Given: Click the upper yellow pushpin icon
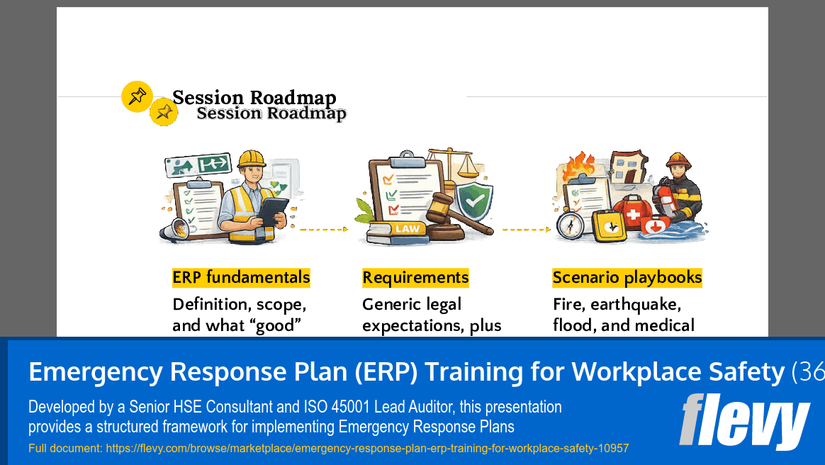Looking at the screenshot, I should coord(137,96).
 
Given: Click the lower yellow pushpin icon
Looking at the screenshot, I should coord(164,112).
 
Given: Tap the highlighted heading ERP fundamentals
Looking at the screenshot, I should coord(241,277).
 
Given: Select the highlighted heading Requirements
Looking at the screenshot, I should coord(415,277).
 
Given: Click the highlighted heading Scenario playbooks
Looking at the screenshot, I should coord(627,277).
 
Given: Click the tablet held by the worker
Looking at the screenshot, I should coord(272,211).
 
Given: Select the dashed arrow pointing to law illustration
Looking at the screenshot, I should coord(324,230).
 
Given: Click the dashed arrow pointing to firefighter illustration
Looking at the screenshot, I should coord(526,230).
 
